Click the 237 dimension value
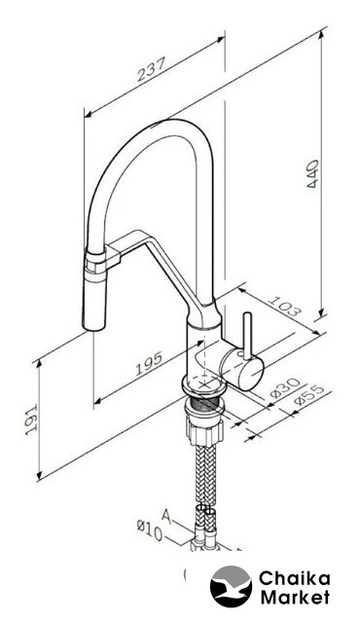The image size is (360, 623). [151, 69]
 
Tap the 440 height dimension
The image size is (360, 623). [312, 173]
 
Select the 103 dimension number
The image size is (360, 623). [283, 306]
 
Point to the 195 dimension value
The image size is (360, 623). [149, 363]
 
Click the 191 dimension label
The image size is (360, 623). [31, 420]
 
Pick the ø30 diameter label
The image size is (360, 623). [285, 387]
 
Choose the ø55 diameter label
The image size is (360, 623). [309, 395]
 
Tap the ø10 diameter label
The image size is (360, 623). [150, 531]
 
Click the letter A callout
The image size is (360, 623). [166, 516]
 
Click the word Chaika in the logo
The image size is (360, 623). [294, 579]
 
